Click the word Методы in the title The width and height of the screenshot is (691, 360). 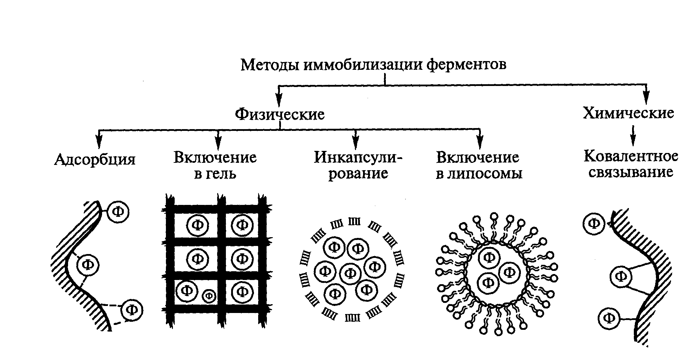270,65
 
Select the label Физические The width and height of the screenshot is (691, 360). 280,114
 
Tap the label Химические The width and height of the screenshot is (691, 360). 628,113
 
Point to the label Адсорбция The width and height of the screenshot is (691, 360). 95,160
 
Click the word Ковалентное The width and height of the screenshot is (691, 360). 631,156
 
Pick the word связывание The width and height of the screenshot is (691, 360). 631,172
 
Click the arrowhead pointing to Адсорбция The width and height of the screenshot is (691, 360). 99,142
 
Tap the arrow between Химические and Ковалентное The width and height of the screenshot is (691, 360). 632,136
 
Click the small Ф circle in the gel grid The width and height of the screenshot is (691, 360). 209,296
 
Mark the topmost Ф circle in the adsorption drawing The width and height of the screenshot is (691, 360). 118,212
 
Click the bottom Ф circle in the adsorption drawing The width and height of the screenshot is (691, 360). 132,310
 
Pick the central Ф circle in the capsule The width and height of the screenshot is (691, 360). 350,273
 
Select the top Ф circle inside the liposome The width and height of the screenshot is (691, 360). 490,258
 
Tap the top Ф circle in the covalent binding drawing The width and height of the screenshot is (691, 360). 594,223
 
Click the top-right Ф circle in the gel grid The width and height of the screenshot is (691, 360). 242,225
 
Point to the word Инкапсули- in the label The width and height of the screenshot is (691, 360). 358,158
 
